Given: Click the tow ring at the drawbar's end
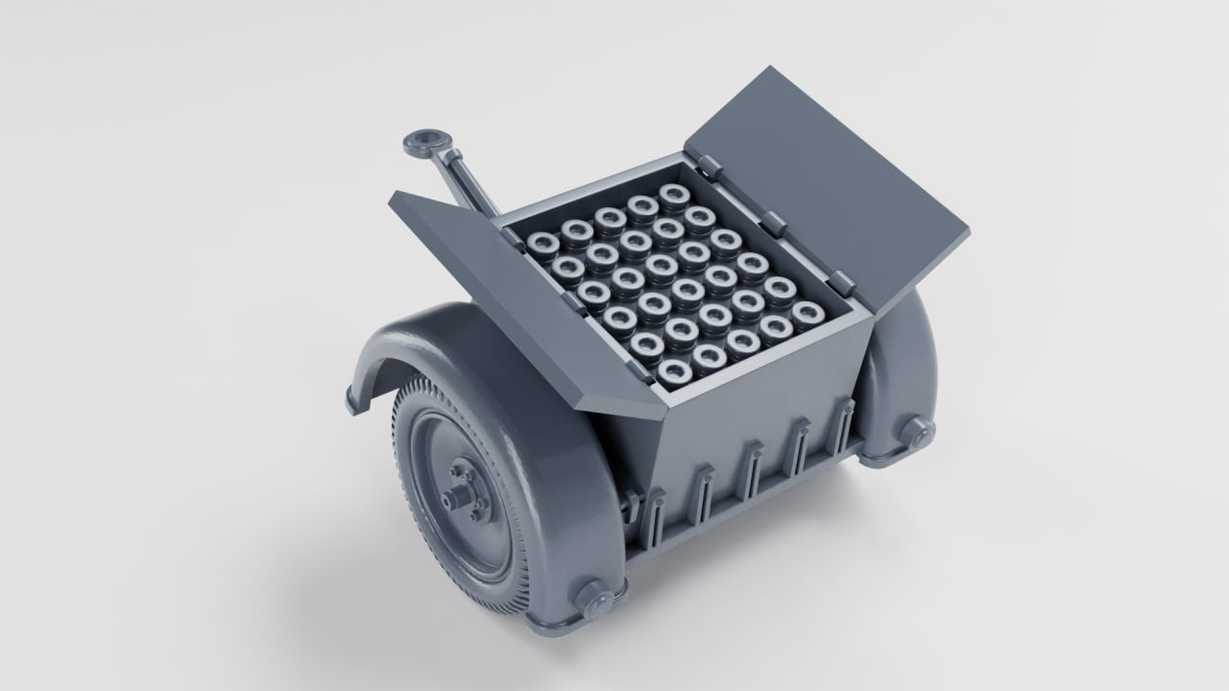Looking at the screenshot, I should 423,145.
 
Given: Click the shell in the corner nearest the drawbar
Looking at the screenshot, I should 542,242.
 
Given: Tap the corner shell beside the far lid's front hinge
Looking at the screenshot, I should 806,312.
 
